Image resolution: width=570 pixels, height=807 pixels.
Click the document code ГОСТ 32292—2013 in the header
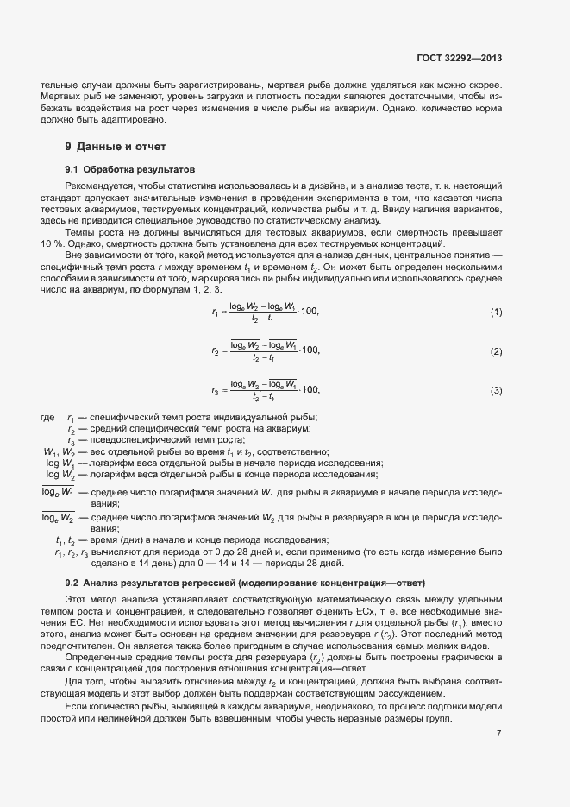pyautogui.click(x=458, y=59)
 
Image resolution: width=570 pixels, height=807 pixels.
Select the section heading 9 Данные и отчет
pyautogui.click(x=115, y=146)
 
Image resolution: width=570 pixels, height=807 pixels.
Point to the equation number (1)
pyautogui.click(x=496, y=312)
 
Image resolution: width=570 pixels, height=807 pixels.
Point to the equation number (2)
pyautogui.click(x=496, y=351)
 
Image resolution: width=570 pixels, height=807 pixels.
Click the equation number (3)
pyautogui.click(x=496, y=391)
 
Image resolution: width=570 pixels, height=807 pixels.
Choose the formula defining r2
pyautogui.click(x=265, y=351)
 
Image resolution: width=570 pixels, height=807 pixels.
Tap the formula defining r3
pyautogui.click(x=265, y=391)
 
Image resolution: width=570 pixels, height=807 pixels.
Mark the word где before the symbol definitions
pyautogui.click(x=47, y=418)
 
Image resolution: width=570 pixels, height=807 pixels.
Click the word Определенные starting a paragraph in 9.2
pyautogui.click(x=97, y=657)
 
